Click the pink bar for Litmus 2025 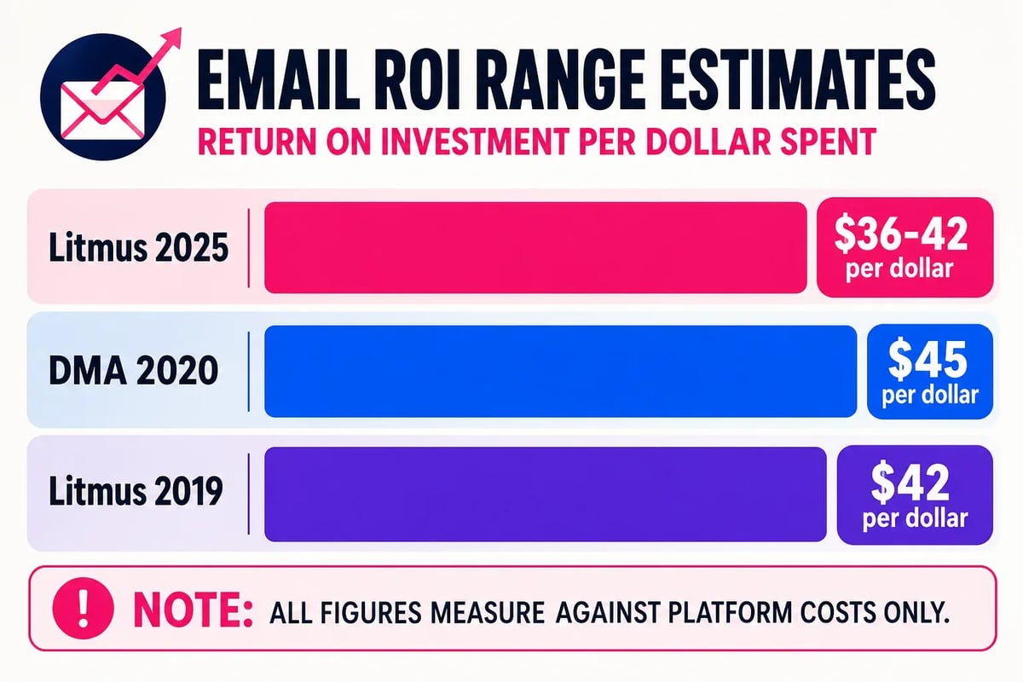[535, 248]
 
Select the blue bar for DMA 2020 [560, 372]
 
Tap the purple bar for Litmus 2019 [546, 495]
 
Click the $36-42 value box [905, 247]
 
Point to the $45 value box [930, 372]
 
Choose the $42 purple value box [915, 495]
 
